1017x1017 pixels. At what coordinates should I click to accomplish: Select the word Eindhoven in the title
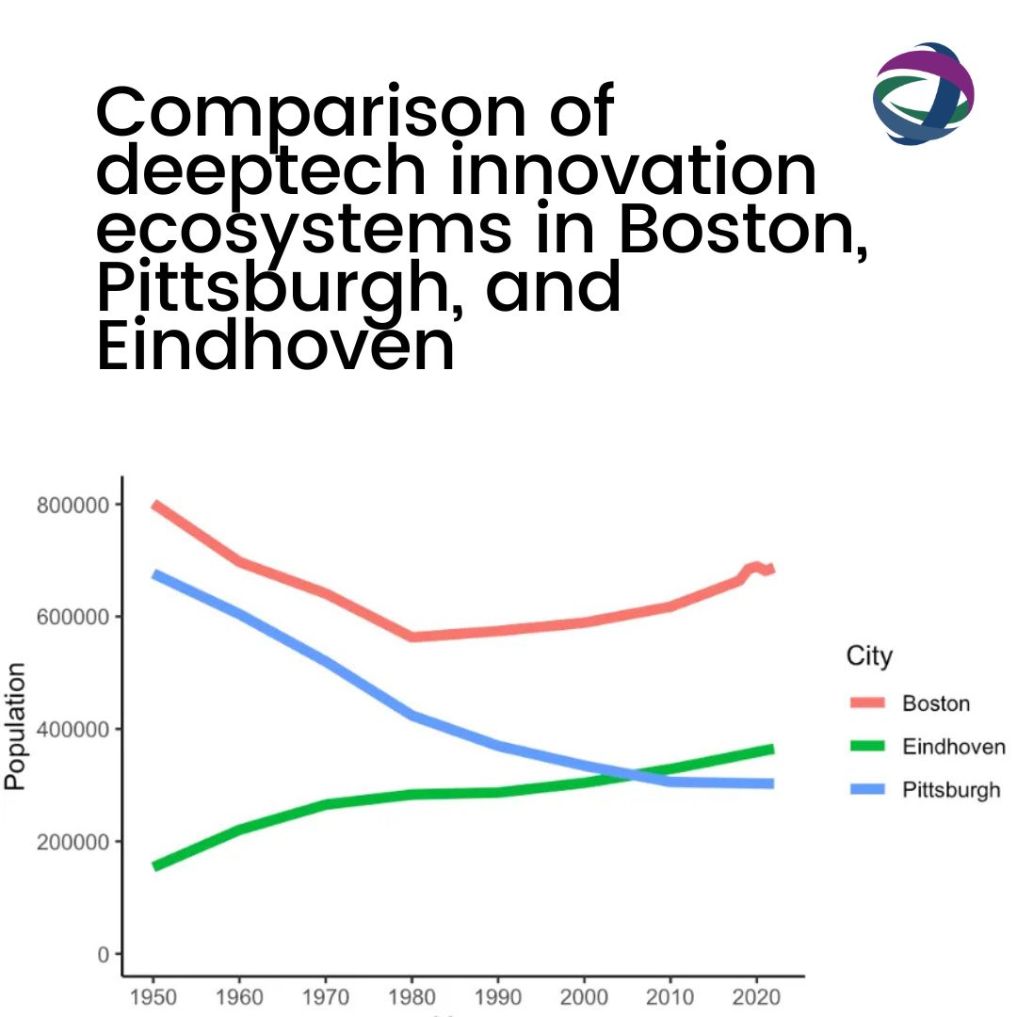(x=276, y=346)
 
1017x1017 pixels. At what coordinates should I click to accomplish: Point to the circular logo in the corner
(x=923, y=93)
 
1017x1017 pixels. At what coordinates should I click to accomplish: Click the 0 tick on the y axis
(x=105, y=954)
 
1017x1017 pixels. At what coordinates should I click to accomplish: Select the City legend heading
(x=868, y=656)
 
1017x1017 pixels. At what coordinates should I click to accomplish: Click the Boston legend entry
(x=935, y=703)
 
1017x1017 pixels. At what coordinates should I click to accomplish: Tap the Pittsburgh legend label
(x=951, y=790)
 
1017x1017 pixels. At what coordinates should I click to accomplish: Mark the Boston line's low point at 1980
(x=411, y=637)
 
